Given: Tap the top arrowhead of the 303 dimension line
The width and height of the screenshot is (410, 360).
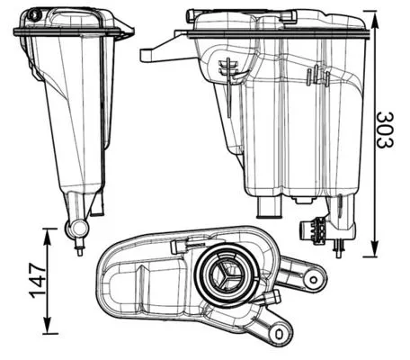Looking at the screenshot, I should (x=370, y=13).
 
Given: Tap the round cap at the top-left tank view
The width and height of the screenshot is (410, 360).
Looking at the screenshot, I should (x=34, y=14).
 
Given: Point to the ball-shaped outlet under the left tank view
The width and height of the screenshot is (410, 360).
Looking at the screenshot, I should (x=76, y=230).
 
